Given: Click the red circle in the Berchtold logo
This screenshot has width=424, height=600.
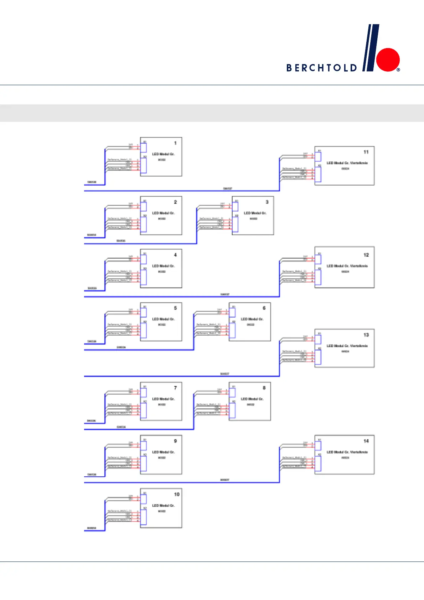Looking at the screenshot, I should tap(388, 60).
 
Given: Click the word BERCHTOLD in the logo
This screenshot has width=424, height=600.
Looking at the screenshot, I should tap(321, 68).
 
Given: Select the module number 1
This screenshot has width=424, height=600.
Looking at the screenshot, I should tap(175, 143).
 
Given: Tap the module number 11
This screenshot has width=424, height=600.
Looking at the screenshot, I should tap(366, 152).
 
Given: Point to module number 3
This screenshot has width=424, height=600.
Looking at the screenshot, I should tap(267, 202).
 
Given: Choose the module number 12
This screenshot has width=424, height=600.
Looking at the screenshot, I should tap(366, 255).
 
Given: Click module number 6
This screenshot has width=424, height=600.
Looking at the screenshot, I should tap(264, 308).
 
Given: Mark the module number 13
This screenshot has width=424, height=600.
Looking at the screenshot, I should tap(366, 335).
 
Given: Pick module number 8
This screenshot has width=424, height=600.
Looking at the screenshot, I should tap(264, 388).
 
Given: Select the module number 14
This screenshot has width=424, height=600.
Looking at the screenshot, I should tap(366, 441).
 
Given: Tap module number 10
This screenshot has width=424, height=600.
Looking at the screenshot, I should tap(177, 494).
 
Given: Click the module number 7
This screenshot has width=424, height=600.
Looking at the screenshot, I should tap(175, 388).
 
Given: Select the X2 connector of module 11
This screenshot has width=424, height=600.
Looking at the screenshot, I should tap(318, 174).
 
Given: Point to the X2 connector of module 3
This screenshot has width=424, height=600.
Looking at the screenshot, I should tap(236, 224).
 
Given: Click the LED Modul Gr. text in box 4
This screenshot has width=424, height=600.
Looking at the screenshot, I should tap(163, 266).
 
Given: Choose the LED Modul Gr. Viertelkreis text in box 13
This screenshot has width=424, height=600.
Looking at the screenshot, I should tap(347, 346).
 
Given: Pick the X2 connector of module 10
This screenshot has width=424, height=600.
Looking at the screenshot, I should tap(144, 517).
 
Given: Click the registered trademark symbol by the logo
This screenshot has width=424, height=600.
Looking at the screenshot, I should tap(398, 70).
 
